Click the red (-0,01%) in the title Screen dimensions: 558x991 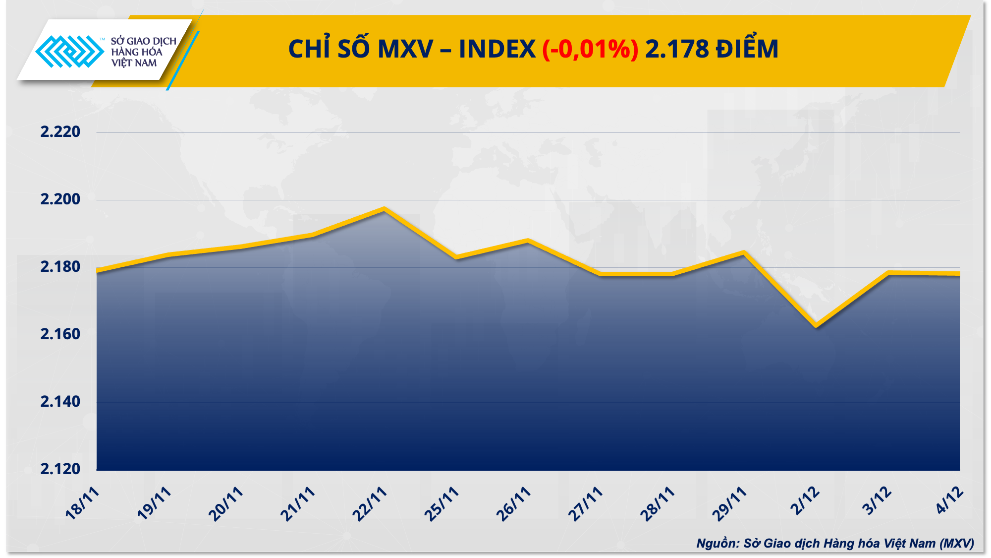tap(590, 50)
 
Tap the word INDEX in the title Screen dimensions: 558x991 tap(497, 50)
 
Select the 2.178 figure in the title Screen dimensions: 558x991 tap(677, 50)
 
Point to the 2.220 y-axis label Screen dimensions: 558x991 tap(60, 132)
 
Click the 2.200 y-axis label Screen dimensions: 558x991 tap(60, 199)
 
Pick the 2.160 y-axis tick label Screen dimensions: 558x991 tap(60, 334)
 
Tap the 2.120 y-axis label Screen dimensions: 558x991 tap(60, 469)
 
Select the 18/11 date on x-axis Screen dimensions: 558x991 tap(82, 503)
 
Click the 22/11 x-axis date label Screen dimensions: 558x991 tap(369, 504)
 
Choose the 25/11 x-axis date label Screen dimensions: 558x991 tap(441, 504)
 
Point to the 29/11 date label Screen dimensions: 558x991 tap(729, 504)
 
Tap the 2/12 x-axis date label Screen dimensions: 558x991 tap(805, 501)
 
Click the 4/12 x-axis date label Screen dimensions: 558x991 tap(949, 500)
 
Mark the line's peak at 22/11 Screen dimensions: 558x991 tap(384, 209)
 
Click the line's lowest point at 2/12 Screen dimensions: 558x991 tap(816, 326)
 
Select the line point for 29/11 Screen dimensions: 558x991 tap(744, 252)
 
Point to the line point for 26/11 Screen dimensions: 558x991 tap(528, 241)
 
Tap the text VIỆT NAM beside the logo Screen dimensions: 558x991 tap(134, 63)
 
